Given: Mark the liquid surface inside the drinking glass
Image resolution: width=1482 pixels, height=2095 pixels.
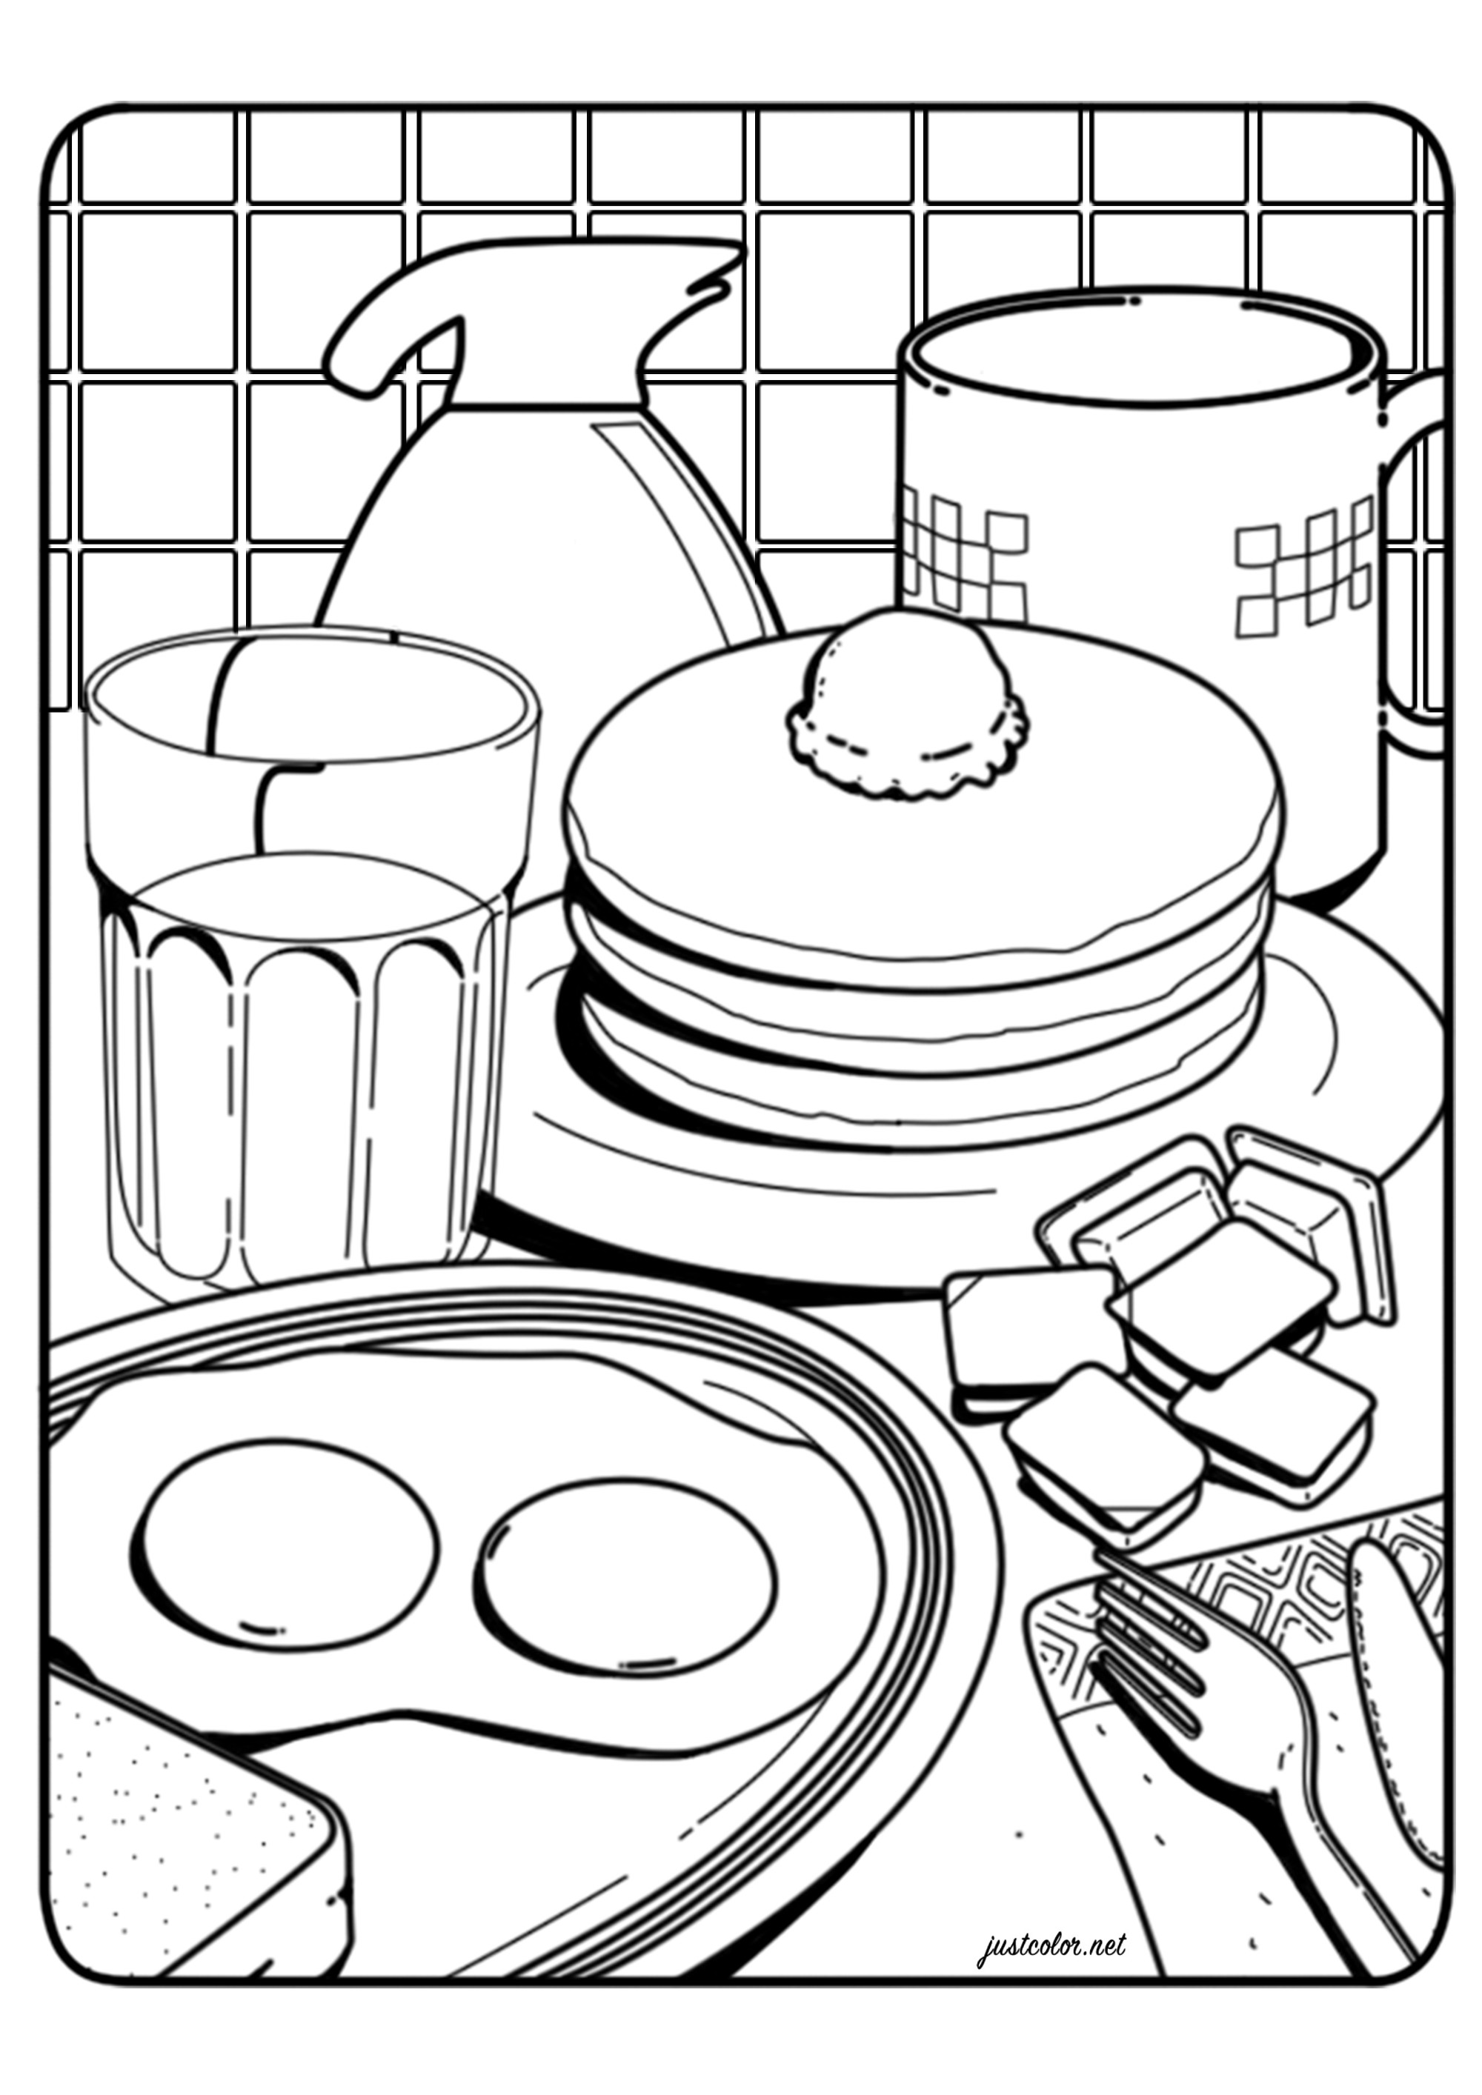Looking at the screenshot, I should (x=310, y=903).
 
